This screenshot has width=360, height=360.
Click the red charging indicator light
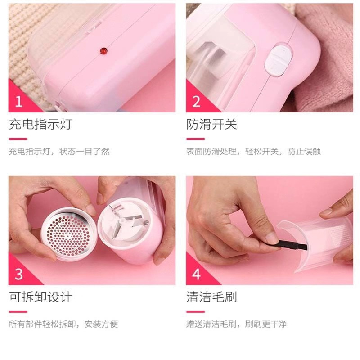tap(103, 51)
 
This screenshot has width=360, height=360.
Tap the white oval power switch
tap(278, 60)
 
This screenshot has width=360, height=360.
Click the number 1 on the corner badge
tap(19, 102)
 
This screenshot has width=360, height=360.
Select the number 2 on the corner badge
tap(196, 102)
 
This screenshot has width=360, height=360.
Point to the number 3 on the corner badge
tap(19, 274)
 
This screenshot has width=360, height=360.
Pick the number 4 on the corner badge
tap(197, 274)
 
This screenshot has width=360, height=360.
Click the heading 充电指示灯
tap(40, 124)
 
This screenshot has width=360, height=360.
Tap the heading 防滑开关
tap(211, 124)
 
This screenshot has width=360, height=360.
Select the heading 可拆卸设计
tap(40, 297)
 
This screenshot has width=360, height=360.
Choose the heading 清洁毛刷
tap(211, 297)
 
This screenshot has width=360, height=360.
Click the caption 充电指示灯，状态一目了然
tap(59, 152)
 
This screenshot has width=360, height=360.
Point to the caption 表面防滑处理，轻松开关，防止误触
tap(253, 152)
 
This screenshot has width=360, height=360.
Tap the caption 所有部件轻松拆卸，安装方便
tap(63, 324)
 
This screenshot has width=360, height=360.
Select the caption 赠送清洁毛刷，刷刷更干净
tap(237, 324)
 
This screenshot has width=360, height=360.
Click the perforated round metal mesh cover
tap(68, 234)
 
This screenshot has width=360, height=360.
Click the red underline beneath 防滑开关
tap(195, 139)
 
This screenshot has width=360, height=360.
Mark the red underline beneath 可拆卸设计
tap(18, 311)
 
